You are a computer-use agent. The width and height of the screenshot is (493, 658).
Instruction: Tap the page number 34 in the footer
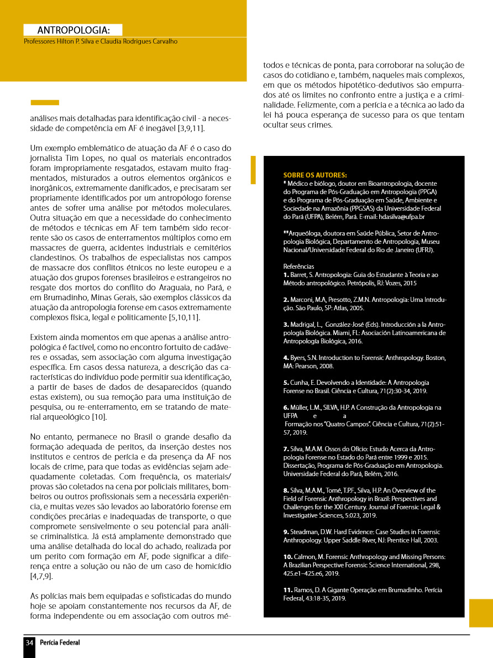tap(29, 643)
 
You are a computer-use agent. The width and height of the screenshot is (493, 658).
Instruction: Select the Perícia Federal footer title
tap(60, 643)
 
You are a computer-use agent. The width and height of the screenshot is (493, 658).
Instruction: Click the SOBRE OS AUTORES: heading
tap(315, 174)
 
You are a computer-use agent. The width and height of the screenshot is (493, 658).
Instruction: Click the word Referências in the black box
tap(298, 266)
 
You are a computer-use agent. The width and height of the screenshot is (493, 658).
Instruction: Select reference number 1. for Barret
tap(286, 275)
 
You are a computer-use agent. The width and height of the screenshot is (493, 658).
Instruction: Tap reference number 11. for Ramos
tap(287, 590)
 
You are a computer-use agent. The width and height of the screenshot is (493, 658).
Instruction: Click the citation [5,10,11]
tap(184, 317)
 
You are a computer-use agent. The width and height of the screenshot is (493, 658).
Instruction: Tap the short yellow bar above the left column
tap(45, 102)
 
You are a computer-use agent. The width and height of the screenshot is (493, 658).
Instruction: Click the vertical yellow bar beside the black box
tap(253, 170)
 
